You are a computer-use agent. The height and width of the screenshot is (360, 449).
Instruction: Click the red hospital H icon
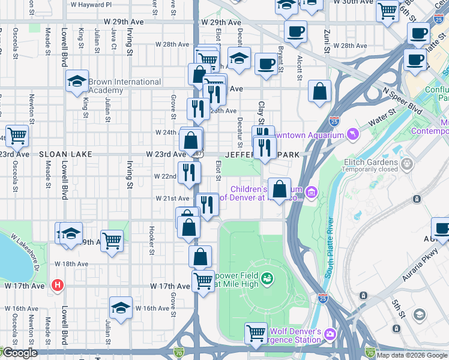pyautogui.click(x=57, y=284)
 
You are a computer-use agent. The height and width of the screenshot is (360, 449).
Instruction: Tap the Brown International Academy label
pyautogui.click(x=124, y=86)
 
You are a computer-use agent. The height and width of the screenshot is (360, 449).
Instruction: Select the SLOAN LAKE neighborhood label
pyautogui.click(x=65, y=154)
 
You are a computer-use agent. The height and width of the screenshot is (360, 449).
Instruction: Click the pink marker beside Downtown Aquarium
pyautogui.click(x=352, y=132)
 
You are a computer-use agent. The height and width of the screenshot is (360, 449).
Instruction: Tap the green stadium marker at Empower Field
pyautogui.click(x=267, y=277)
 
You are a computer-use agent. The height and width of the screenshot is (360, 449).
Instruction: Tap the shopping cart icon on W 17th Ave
pyautogui.click(x=203, y=280)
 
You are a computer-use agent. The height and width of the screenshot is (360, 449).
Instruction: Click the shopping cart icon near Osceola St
pyautogui.click(x=17, y=135)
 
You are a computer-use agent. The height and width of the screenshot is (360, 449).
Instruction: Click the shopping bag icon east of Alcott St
pyautogui.click(x=320, y=91)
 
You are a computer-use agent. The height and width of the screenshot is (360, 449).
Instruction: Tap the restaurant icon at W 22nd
pyautogui.click(x=188, y=172)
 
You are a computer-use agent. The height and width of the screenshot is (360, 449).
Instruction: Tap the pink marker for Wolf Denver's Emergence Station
pyautogui.click(x=330, y=334)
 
